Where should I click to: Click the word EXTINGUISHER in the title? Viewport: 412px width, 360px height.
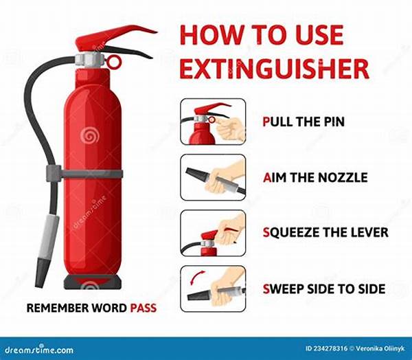(275, 69)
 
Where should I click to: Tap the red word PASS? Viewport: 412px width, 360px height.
(144, 308)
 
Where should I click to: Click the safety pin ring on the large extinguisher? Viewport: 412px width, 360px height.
(114, 61)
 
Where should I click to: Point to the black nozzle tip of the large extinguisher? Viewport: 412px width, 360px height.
(43, 272)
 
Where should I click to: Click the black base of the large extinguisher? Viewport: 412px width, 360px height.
(93, 282)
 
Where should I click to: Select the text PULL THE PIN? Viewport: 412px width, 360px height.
(304, 122)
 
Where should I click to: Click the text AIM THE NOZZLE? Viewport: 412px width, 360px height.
(315, 177)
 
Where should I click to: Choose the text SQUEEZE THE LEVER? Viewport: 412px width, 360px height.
(325, 233)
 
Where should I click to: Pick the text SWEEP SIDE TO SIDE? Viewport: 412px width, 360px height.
(324, 289)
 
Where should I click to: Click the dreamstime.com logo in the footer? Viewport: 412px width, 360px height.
(39, 350)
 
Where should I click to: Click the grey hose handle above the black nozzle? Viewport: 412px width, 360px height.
(49, 236)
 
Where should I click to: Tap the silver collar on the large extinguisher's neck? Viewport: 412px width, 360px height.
(88, 60)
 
